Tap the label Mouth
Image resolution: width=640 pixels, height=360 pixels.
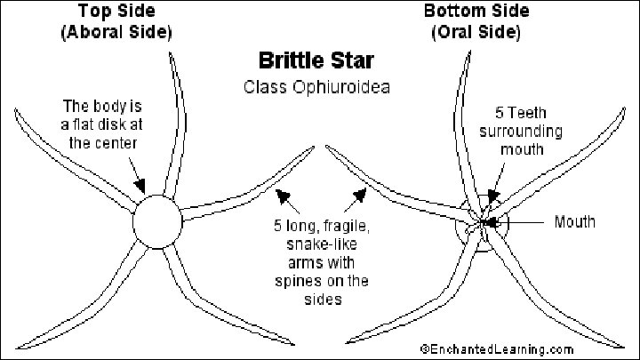(574, 221)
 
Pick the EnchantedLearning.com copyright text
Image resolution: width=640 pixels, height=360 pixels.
(497, 349)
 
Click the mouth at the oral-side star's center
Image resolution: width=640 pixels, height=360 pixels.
(484, 221)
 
